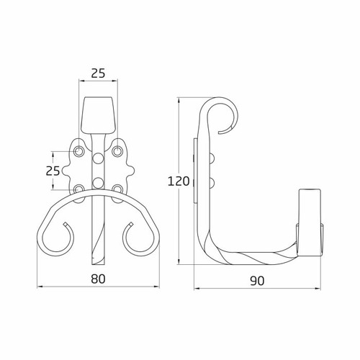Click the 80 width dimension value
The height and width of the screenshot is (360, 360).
(98, 279)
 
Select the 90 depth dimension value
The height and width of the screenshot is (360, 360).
(257, 281)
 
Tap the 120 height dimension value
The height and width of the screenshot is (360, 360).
(179, 181)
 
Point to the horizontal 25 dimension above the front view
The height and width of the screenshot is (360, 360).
(98, 73)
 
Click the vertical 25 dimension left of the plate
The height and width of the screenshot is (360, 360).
(53, 171)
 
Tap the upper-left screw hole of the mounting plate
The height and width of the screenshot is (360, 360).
(78, 151)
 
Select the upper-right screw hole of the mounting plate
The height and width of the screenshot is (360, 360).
(117, 151)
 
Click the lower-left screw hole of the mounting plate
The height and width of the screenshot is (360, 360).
(78, 189)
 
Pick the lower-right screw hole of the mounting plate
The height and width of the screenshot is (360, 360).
(117, 189)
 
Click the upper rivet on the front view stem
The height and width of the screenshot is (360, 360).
(98, 158)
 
